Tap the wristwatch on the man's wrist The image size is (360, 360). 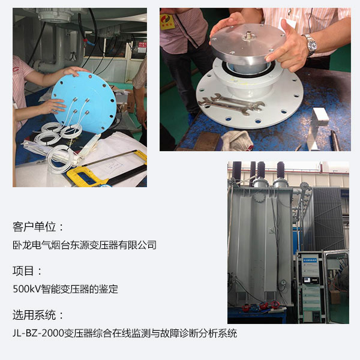point(311,45)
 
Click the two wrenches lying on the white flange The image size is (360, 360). point(231,104)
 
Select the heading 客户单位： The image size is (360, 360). point(38,227)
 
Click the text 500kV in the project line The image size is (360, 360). point(27,289)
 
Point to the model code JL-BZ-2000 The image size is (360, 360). point(38,333)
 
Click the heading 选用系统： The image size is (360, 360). point(38,315)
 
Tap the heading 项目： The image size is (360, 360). point(27,271)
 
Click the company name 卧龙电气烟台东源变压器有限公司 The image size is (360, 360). point(85,245)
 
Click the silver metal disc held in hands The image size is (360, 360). point(247,43)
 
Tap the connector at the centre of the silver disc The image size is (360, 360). point(248,35)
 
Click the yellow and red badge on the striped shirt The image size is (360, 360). point(167,22)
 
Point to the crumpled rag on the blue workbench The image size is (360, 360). point(237,140)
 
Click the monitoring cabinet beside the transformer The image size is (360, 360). point(311,287)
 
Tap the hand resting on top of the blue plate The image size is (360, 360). point(73,71)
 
